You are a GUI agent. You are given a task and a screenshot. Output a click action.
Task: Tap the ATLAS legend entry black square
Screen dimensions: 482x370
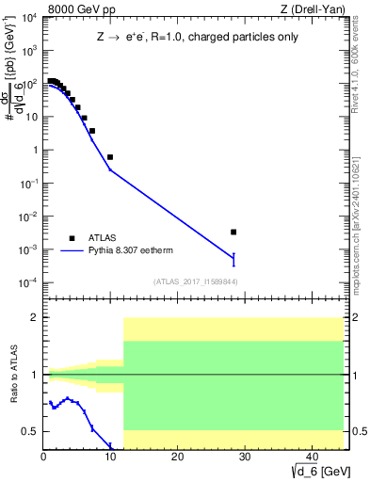[x=71, y=238]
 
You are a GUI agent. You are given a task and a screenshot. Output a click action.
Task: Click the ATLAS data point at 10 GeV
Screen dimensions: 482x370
[x=110, y=157]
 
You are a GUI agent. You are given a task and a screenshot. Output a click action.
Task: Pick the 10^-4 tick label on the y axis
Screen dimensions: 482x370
[x=28, y=282]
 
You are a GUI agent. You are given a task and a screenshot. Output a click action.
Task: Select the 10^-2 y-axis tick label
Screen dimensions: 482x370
[x=28, y=217]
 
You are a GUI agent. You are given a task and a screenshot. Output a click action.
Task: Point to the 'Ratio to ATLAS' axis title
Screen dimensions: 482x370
[x=13, y=374]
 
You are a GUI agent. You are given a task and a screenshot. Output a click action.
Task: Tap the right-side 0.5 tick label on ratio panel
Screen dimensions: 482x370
[x=357, y=431]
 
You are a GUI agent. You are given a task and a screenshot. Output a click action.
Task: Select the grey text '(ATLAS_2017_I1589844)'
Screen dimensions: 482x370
[x=195, y=280]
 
